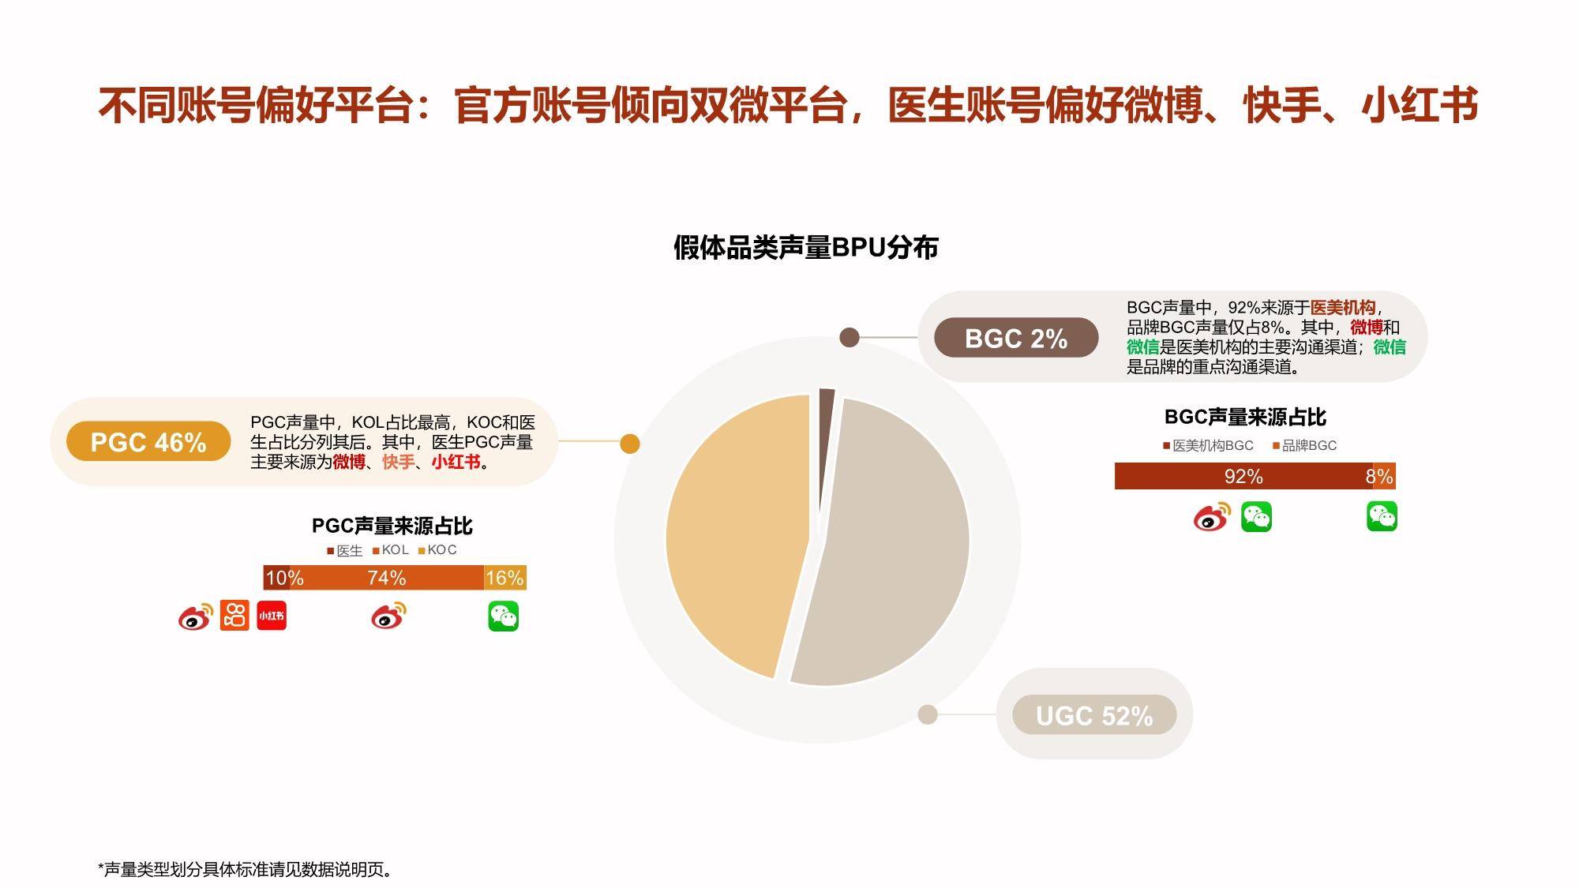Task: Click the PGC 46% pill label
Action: (148, 441)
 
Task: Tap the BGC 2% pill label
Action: (1016, 338)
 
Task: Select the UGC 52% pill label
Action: (1094, 715)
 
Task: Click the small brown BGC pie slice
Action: (826, 442)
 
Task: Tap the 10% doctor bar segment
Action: (283, 578)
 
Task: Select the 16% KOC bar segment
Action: (505, 578)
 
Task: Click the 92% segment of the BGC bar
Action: (1243, 476)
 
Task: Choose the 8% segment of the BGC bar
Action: (1385, 476)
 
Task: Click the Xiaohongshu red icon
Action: (272, 616)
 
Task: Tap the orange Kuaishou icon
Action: (234, 616)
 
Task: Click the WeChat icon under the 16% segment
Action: (504, 616)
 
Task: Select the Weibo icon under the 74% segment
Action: (388, 616)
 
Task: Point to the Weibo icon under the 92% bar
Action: (1212, 516)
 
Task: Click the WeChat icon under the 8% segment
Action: (1382, 517)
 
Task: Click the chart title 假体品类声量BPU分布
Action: (806, 247)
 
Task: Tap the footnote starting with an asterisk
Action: (245, 869)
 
